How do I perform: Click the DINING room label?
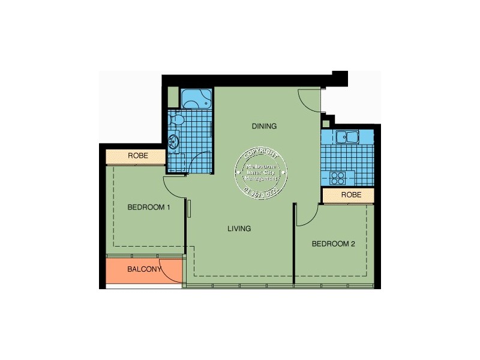[x=264, y=126]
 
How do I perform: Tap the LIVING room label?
[x=239, y=229]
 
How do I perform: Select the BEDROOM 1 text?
[x=149, y=208]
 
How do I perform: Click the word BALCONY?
[x=144, y=269]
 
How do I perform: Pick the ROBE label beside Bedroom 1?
[x=137, y=156]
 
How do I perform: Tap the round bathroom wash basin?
[x=174, y=142]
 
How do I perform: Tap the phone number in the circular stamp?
[x=262, y=191]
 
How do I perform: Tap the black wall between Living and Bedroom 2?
[x=294, y=240]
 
